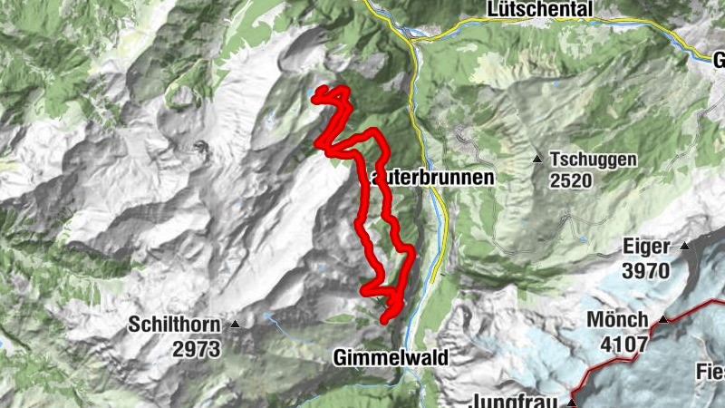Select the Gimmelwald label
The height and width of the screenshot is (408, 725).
(x=391, y=358)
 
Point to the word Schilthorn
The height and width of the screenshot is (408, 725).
(x=174, y=323)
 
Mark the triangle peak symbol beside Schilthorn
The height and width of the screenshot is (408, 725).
(x=236, y=324)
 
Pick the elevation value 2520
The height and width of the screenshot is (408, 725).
(x=569, y=180)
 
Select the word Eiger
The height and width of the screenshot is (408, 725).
(x=646, y=247)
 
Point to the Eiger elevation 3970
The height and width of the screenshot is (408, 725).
(x=645, y=270)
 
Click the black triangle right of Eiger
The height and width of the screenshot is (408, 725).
(x=685, y=246)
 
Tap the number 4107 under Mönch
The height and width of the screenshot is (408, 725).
(x=623, y=345)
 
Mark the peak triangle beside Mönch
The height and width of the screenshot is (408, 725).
(x=662, y=320)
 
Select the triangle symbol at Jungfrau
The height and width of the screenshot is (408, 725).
(x=572, y=402)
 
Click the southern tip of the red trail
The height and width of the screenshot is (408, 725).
(x=384, y=320)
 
